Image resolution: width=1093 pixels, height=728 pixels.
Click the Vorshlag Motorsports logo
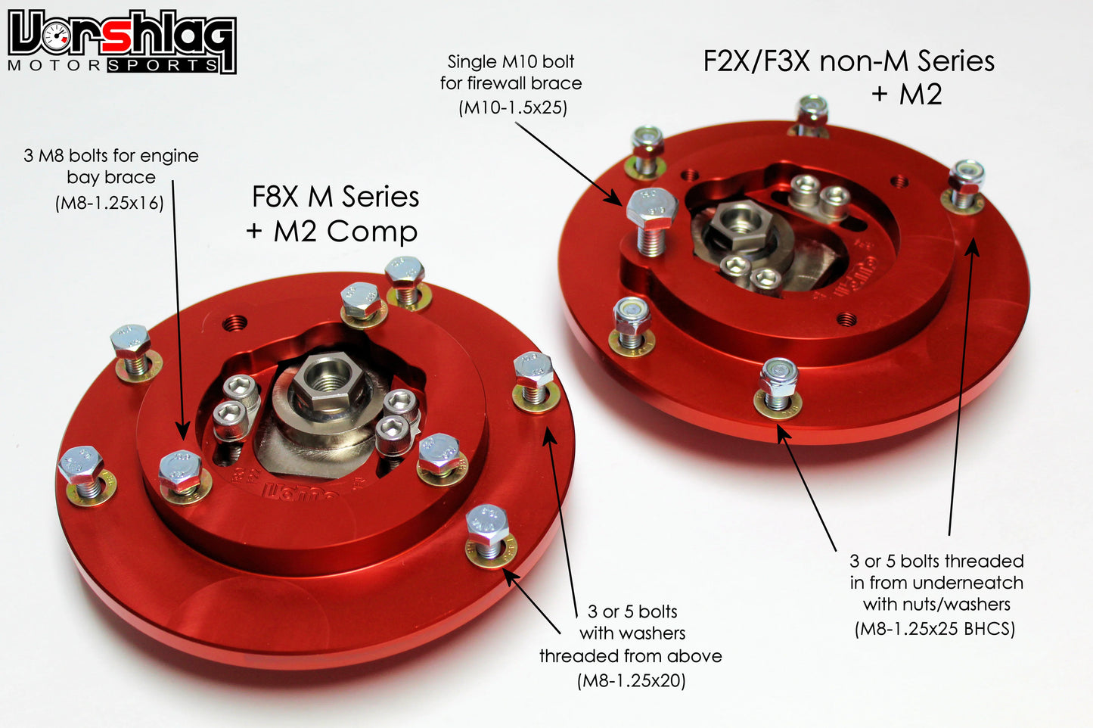(x=121, y=42)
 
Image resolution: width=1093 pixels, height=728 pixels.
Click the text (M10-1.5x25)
(x=512, y=107)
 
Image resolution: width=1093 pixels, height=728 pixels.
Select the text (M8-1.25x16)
(x=109, y=203)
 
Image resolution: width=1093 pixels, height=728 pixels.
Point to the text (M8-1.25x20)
(x=631, y=680)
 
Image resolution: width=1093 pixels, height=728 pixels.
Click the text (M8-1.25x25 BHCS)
(x=935, y=628)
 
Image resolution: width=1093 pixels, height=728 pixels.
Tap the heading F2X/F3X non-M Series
(x=849, y=61)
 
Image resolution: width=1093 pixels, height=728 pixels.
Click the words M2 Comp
(x=346, y=232)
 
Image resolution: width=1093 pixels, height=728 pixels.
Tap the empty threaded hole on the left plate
(x=235, y=323)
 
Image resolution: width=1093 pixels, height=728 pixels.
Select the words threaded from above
(x=630, y=656)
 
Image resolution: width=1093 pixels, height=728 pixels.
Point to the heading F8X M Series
(x=335, y=197)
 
